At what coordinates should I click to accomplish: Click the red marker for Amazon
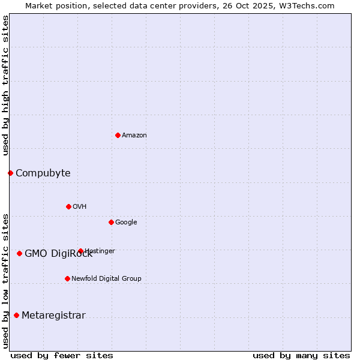coord(118,135)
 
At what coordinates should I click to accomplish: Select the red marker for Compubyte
coord(10,173)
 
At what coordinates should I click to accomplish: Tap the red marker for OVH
coord(68,206)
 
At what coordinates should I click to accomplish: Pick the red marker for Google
coord(111,222)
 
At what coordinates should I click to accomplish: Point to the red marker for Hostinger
coord(80,251)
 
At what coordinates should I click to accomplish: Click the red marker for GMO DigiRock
coord(19,253)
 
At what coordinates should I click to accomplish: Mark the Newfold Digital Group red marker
coord(67,278)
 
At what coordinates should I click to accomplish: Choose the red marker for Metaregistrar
coord(16,315)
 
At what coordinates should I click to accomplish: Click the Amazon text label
coord(134,136)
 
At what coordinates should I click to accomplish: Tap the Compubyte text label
coord(43,173)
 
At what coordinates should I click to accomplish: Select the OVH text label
coord(79,207)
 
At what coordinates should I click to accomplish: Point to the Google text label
coord(126,223)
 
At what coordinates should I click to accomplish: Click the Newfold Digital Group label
coord(106,279)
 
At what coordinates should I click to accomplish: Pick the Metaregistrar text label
coord(53,316)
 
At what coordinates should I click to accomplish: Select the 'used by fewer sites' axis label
coord(62,355)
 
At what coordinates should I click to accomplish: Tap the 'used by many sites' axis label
coord(301,355)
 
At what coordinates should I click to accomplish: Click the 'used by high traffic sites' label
coord(5,85)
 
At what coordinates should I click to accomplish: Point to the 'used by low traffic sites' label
coord(5,280)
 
